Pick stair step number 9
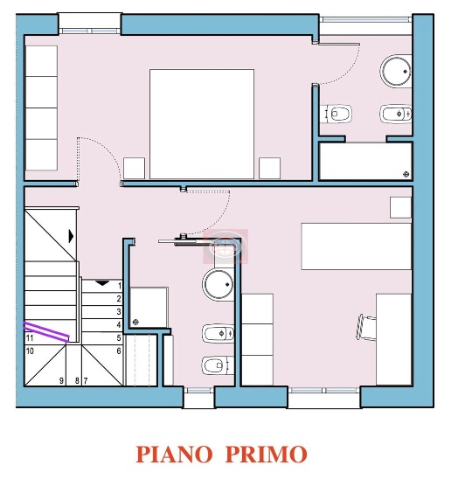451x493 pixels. pyautogui.click(x=61, y=380)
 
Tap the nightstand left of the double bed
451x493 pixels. pyautogui.click(x=134, y=168)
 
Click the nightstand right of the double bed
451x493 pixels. pyautogui.click(x=269, y=168)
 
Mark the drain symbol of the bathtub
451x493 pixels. pyautogui.click(x=405, y=174)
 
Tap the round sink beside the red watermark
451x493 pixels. pyautogui.click(x=219, y=284)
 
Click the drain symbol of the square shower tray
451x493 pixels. pyautogui.click(x=135, y=322)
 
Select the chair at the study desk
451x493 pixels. pyautogui.click(x=364, y=325)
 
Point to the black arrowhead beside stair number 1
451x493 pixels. pyautogui.click(x=101, y=283)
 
